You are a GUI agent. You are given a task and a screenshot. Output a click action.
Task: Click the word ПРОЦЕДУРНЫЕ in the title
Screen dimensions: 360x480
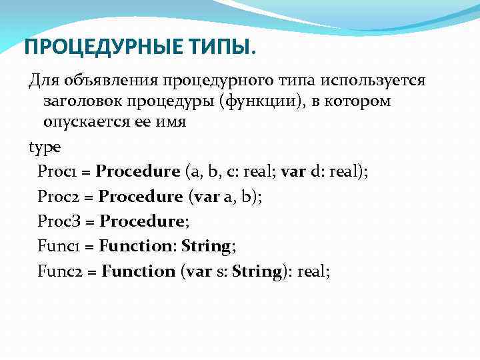pyautogui.click(x=94, y=47)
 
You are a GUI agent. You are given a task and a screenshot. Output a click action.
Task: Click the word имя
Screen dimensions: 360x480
pyautogui.click(x=173, y=123)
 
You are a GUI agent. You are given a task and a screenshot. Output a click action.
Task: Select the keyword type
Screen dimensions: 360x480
pyautogui.click(x=44, y=147)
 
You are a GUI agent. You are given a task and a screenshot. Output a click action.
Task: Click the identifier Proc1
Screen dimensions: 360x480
pyautogui.click(x=56, y=171)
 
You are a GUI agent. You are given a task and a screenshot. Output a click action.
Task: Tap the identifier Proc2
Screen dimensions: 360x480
pyautogui.click(x=57, y=196)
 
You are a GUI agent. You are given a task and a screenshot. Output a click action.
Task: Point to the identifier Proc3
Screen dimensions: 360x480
pyautogui.click(x=57, y=221)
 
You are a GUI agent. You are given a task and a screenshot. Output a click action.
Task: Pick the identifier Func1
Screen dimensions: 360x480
pyautogui.click(x=57, y=246)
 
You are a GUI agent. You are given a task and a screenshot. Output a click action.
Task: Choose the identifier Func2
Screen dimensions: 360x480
pyautogui.click(x=59, y=271)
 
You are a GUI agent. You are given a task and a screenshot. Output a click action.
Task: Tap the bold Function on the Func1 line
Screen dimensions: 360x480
pyautogui.click(x=135, y=246)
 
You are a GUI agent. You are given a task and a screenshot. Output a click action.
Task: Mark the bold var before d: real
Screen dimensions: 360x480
pyautogui.click(x=293, y=171)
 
